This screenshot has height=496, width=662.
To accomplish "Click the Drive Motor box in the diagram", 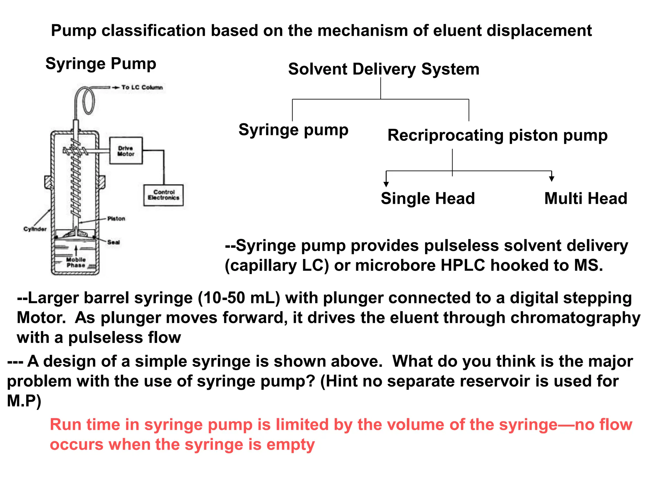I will [126, 151].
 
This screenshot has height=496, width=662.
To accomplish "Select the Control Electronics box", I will [164, 195].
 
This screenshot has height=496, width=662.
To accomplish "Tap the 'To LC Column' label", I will [142, 88].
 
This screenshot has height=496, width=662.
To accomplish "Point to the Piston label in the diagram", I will [116, 219].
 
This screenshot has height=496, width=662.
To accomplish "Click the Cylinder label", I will [35, 229].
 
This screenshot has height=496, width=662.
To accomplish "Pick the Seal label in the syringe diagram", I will [113, 242].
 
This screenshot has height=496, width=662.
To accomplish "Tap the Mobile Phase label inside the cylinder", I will [76, 262].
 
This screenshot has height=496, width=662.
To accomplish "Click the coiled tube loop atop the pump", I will [88, 101].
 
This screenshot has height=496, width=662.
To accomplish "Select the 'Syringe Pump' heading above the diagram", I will [101, 63].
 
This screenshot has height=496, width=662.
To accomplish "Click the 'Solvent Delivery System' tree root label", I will [384, 69].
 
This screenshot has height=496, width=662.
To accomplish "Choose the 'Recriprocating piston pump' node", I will [497, 135].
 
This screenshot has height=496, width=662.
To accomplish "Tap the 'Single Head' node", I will [428, 198].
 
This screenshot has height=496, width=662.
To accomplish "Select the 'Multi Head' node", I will [585, 198].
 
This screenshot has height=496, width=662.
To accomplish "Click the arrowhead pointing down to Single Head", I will [386, 184].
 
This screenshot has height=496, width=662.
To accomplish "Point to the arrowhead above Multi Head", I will [551, 178].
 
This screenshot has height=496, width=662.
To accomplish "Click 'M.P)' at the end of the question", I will [24, 401].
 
